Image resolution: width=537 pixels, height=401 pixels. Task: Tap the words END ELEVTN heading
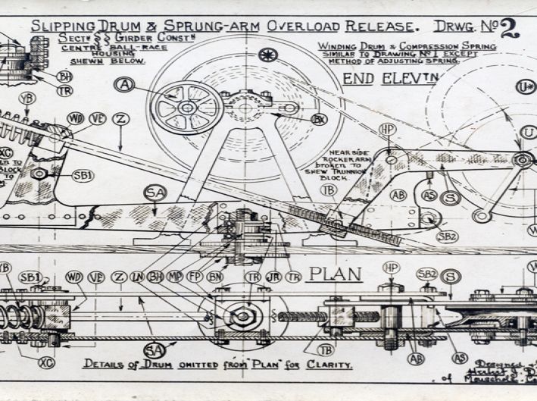tap(384, 78)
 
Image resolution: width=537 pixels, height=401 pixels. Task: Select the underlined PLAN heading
tap(335, 274)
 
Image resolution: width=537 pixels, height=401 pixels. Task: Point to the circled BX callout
tap(319, 119)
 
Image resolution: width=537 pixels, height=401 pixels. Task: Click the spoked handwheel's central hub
tap(186, 108)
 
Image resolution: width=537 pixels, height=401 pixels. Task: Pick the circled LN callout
tap(137, 277)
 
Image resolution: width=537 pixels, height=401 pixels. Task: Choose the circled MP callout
tap(175, 277)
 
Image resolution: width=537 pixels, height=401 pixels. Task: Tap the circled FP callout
tap(195, 277)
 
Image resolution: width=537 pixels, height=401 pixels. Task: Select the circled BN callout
tap(214, 277)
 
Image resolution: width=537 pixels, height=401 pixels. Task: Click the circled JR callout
tap(274, 277)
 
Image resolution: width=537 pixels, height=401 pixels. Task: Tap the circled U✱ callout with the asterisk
tap(525, 87)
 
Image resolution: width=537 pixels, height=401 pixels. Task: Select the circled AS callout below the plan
tap(459, 357)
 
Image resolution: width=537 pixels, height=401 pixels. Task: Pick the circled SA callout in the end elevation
tap(155, 194)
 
